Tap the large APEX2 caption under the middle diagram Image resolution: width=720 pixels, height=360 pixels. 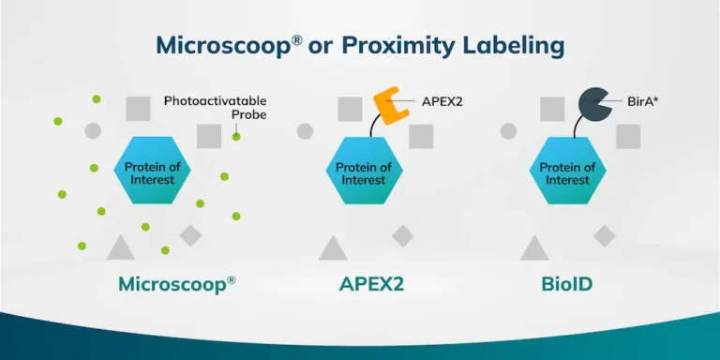(x=371, y=283)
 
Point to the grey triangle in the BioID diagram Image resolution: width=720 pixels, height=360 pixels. (x=534, y=248)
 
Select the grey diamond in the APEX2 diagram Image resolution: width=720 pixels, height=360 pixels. (x=403, y=235)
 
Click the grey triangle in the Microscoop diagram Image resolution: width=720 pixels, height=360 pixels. (x=120, y=248)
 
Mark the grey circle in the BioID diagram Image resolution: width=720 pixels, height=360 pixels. (x=508, y=130)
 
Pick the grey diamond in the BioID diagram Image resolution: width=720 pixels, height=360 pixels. (x=605, y=235)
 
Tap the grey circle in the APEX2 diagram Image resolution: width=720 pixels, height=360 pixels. (x=305, y=130)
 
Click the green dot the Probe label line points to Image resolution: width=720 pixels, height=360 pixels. (x=236, y=137)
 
